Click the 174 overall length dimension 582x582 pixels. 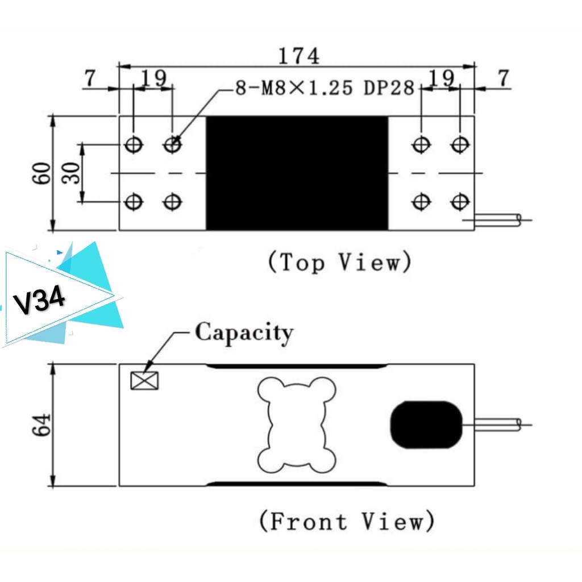[298, 55]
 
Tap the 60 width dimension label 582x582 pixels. [41, 173]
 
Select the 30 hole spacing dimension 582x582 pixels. [71, 173]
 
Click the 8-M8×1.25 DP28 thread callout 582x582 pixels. [325, 89]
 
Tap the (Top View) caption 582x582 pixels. [339, 262]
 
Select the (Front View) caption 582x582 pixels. [347, 521]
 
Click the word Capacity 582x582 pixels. [244, 332]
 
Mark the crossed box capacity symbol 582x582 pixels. [144, 380]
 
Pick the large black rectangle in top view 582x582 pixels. [297, 173]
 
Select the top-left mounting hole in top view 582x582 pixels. [134, 145]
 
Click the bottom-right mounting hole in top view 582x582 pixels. [459, 201]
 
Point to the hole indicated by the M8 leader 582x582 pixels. [172, 145]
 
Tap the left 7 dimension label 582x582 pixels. [90, 79]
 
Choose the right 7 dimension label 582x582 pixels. [503, 79]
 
